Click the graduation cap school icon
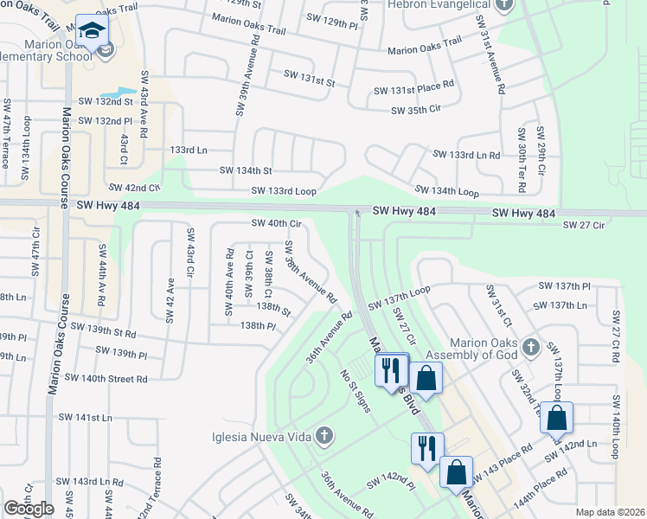tap(90, 31)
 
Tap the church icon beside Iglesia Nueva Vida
tap(324, 434)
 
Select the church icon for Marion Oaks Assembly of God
tap(531, 348)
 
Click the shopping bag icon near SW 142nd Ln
tap(556, 418)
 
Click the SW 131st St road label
tap(309, 83)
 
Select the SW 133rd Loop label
tap(284, 190)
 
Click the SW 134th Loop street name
tap(446, 190)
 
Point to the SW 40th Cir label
tap(276, 223)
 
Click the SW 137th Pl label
tap(564, 285)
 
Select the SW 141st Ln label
tap(94, 418)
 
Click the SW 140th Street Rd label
tap(106, 378)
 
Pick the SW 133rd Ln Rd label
tap(466, 155)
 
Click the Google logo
tap(29, 508)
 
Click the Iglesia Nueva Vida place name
tap(260, 436)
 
